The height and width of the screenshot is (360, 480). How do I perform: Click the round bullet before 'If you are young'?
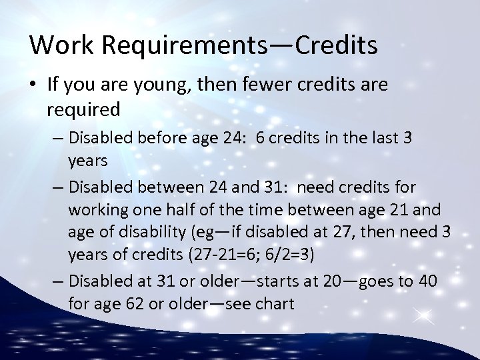coord(35,85)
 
